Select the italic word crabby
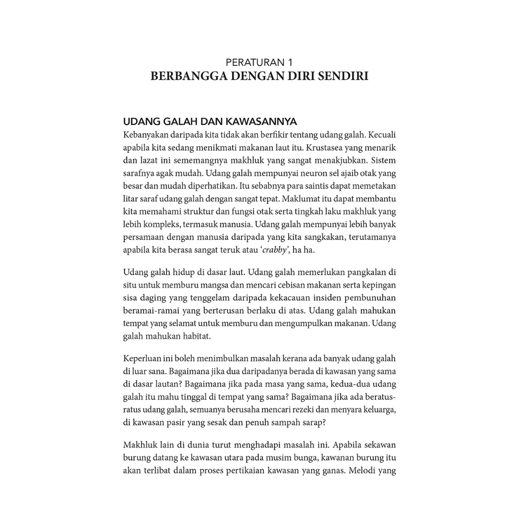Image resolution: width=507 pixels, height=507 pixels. tap(272, 251)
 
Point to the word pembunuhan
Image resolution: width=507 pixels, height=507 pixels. tap(369, 298)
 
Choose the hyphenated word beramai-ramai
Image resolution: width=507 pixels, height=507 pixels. tap(146, 311)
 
